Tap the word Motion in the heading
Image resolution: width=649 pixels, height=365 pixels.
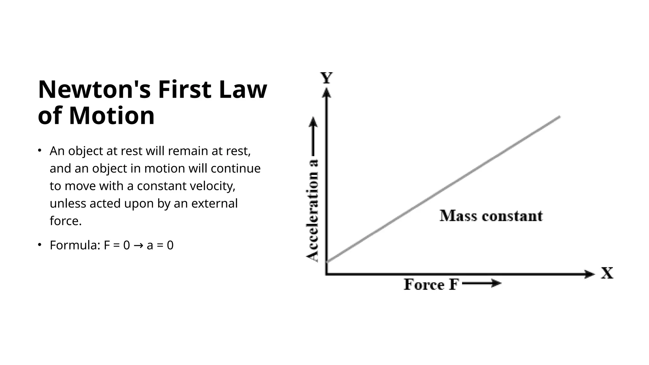[112, 116]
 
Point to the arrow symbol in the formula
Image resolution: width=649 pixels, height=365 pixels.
[138, 246]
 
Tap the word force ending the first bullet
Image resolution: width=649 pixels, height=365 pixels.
[66, 221]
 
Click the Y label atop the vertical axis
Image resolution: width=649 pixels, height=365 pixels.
[326, 78]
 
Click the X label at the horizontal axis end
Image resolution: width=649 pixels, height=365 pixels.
[607, 273]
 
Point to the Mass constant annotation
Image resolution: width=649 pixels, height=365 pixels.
[491, 216]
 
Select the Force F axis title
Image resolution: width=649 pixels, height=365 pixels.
[431, 284]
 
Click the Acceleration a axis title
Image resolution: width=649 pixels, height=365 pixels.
[312, 211]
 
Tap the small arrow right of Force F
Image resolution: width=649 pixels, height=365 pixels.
[482, 283]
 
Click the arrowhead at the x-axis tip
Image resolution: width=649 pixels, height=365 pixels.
[590, 274]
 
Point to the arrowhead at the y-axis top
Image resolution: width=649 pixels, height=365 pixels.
[326, 93]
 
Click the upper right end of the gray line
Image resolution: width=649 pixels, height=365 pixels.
[559, 117]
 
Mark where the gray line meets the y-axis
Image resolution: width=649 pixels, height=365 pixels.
[327, 262]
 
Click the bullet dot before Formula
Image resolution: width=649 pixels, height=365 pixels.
[40, 245]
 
